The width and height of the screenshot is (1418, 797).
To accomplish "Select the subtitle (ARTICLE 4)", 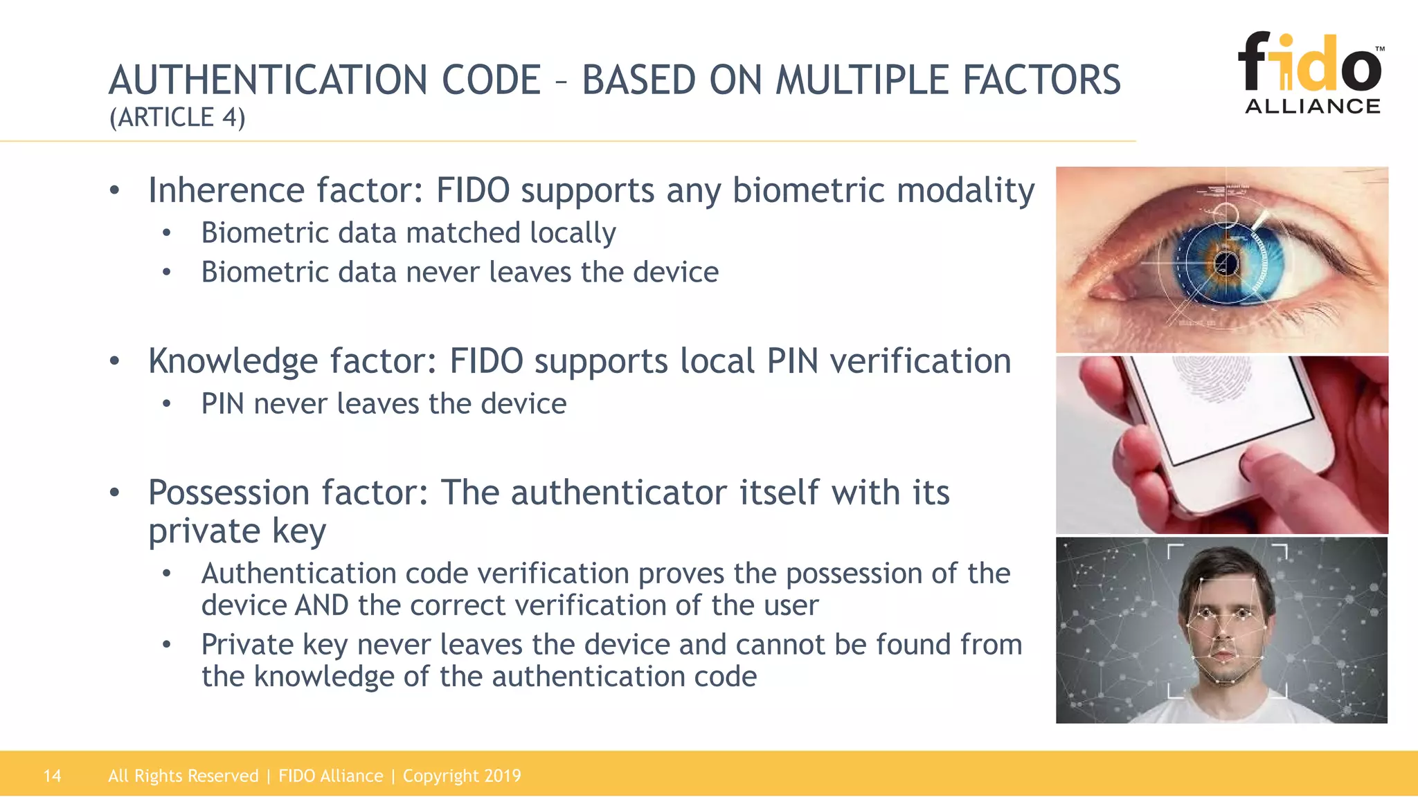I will coord(177,118).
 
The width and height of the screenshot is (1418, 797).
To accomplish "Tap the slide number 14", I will coord(52,776).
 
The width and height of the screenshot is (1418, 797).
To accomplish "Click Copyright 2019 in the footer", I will coord(462,776).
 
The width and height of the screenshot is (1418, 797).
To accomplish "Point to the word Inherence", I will coord(226,190).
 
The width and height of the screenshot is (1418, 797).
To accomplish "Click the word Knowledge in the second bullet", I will coord(233,361).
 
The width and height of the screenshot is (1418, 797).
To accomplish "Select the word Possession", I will coord(228,493).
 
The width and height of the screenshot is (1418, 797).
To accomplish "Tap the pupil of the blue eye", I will coord(1226,264).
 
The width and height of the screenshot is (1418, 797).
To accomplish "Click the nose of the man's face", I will coord(1224,633).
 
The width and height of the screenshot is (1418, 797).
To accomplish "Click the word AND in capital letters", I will coord(322,605).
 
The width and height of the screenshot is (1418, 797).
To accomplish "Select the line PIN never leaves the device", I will coord(384,404).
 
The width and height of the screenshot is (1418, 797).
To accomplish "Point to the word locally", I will coord(573,233).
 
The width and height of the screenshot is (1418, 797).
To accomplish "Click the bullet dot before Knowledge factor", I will coord(115,361).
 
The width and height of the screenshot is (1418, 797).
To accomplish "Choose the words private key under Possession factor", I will coord(237,531).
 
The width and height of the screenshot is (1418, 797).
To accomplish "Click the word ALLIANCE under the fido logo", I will coord(1312,107).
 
